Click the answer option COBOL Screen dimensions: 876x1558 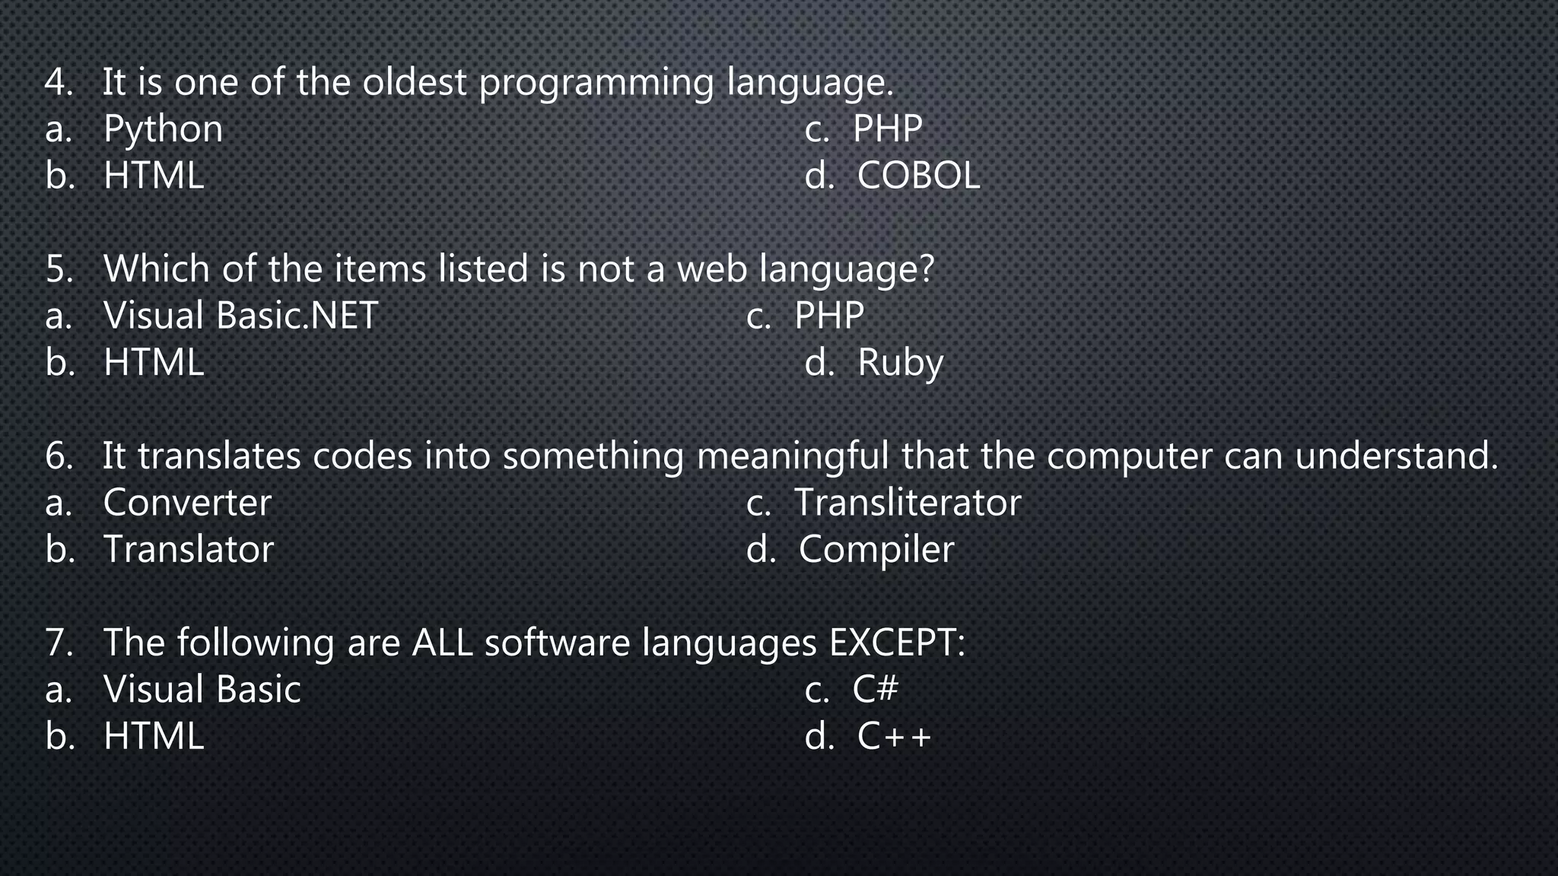point(918,176)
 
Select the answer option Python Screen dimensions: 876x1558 point(163,129)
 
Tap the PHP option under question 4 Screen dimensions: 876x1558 point(887,129)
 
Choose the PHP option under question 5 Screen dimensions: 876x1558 point(828,316)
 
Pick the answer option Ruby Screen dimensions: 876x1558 point(900,363)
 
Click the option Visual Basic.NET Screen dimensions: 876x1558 point(240,316)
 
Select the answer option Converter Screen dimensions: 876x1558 point(187,503)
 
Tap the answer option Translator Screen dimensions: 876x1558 point(188,549)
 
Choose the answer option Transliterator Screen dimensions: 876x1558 point(907,503)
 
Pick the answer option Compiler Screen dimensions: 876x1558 point(876,550)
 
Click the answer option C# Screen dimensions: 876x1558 point(875,689)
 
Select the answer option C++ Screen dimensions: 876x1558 point(894,736)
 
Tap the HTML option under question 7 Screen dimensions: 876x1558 point(154,736)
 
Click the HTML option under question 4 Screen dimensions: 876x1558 point(154,176)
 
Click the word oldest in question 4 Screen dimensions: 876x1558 point(414,82)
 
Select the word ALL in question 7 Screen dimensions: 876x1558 point(442,643)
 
